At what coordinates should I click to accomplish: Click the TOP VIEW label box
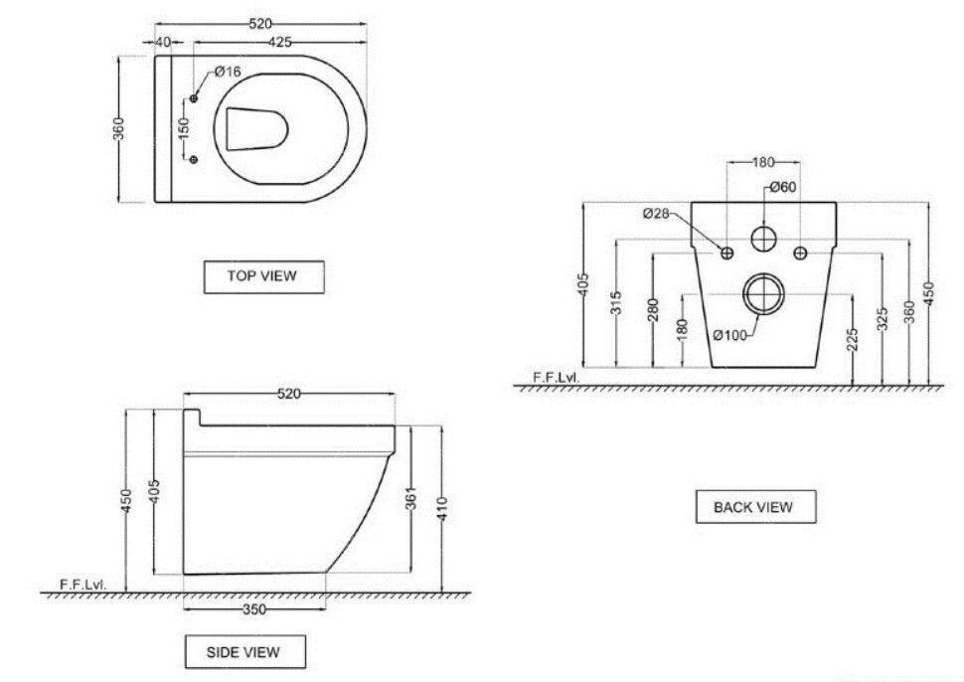pyautogui.click(x=263, y=276)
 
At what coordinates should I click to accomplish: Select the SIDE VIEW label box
pyautogui.click(x=245, y=652)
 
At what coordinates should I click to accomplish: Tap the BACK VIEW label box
pyautogui.click(x=755, y=507)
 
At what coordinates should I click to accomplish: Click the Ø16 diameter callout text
pyautogui.click(x=228, y=72)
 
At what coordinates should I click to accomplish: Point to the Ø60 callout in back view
pyautogui.click(x=783, y=186)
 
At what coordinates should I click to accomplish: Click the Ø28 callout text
pyautogui.click(x=656, y=214)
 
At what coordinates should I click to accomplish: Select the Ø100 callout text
pyautogui.click(x=730, y=335)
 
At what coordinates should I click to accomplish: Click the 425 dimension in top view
pyautogui.click(x=279, y=42)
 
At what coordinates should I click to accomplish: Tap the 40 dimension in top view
pyautogui.click(x=163, y=42)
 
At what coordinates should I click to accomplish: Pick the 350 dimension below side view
pyautogui.click(x=254, y=609)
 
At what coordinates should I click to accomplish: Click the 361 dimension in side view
pyautogui.click(x=411, y=498)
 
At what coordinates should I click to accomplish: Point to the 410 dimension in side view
pyautogui.click(x=442, y=509)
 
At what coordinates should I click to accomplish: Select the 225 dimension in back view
pyautogui.click(x=852, y=340)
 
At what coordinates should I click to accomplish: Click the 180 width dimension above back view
pyautogui.click(x=763, y=162)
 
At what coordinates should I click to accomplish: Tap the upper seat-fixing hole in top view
pyautogui.click(x=194, y=98)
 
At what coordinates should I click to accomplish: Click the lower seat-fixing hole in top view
pyautogui.click(x=194, y=160)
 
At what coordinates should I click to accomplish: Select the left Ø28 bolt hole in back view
pyautogui.click(x=727, y=253)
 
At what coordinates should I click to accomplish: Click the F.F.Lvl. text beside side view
pyautogui.click(x=83, y=584)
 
